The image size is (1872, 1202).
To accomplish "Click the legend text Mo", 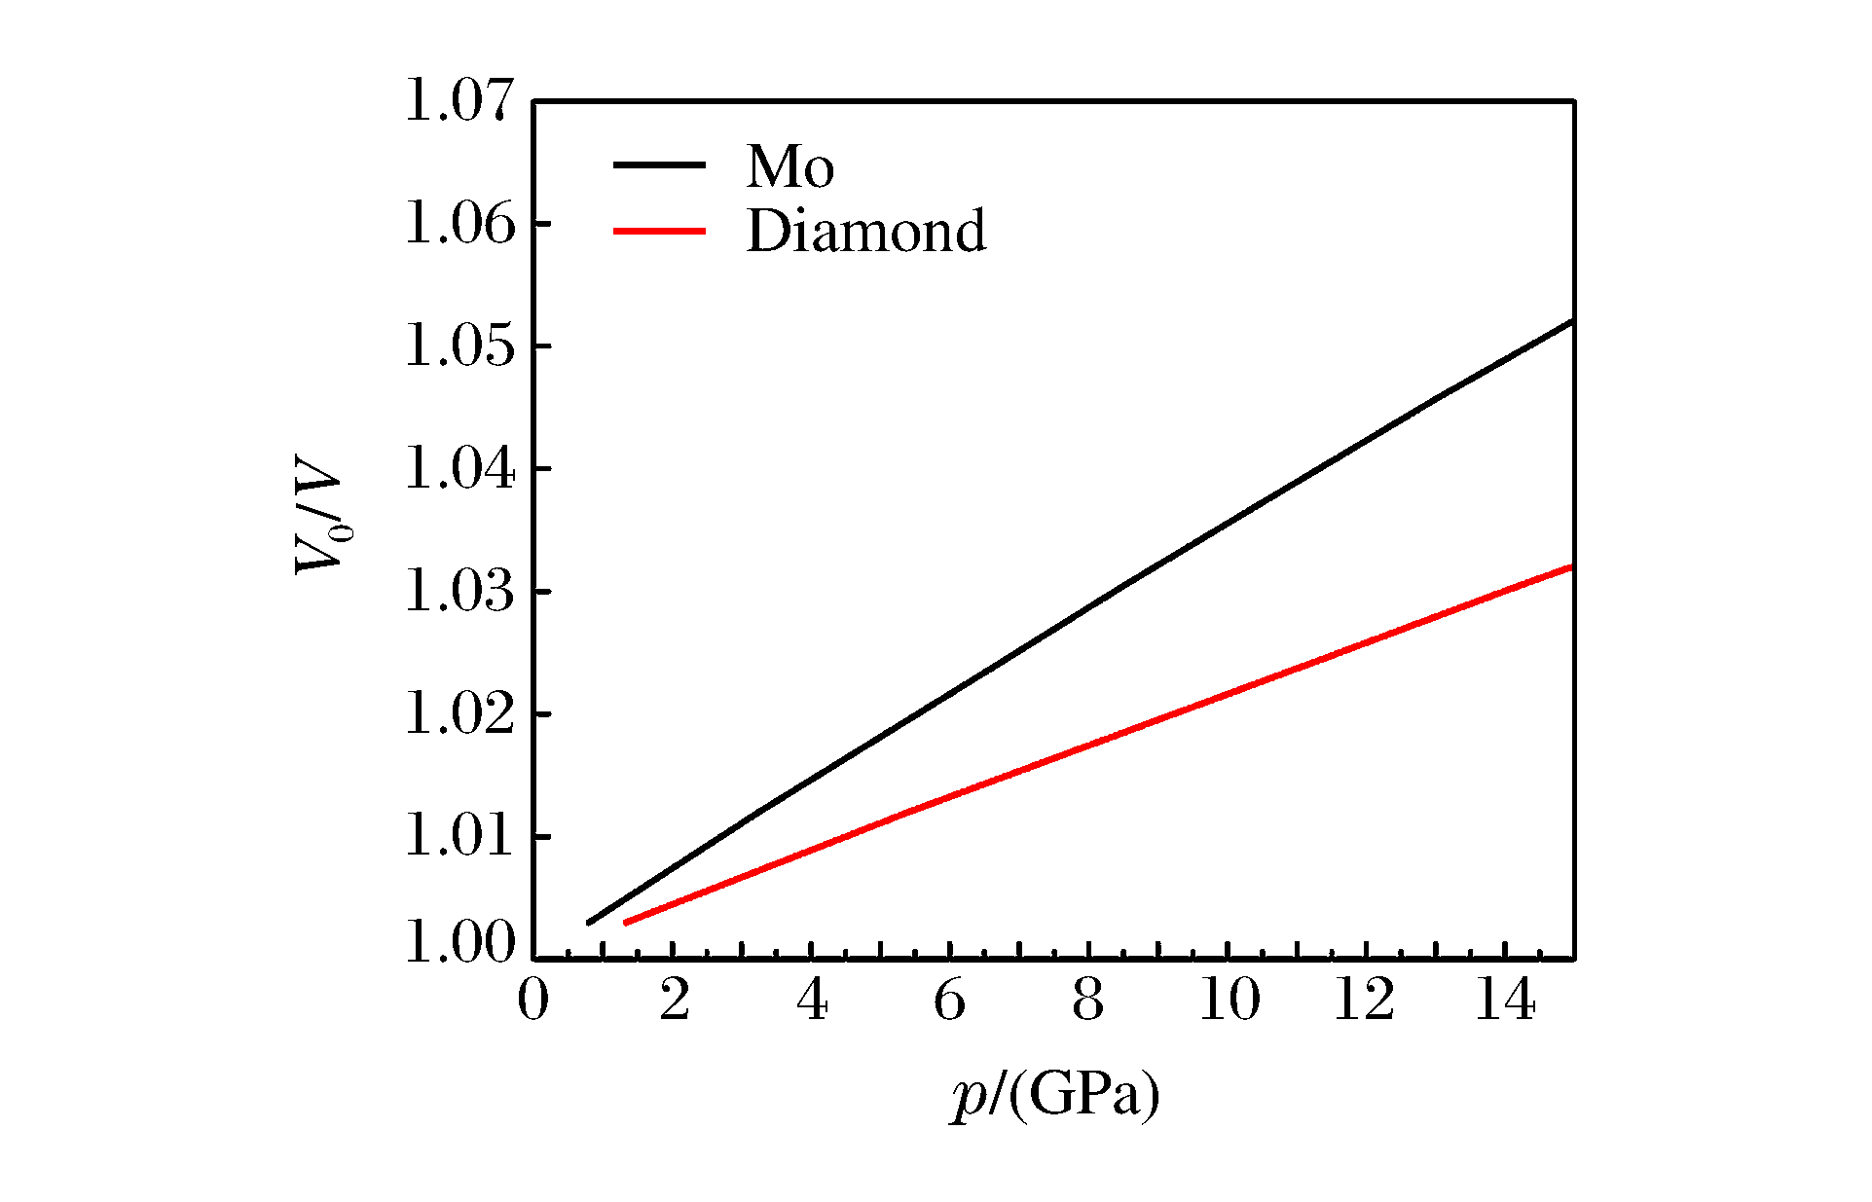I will (x=789, y=166).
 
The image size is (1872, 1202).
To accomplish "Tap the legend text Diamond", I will (x=865, y=232).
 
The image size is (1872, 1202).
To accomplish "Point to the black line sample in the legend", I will (x=659, y=165).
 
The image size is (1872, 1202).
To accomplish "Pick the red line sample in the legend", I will (x=659, y=231).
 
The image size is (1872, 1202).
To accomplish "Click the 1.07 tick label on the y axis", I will (x=459, y=101).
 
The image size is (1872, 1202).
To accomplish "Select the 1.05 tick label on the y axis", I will (x=459, y=346).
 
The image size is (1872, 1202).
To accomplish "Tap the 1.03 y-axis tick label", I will (x=459, y=592).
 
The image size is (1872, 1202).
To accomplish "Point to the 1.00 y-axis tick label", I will (x=459, y=942).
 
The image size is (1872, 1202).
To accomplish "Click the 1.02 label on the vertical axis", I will (x=459, y=714).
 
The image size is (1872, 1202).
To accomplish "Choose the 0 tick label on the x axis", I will (x=533, y=1001).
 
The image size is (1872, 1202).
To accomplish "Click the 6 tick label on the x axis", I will (x=949, y=1001).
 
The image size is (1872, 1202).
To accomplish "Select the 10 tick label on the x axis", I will (x=1229, y=1001).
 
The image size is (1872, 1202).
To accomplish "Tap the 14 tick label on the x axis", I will (x=1505, y=1001).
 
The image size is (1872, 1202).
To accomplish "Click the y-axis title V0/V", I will (x=320, y=527).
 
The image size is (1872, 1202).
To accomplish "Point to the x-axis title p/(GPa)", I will (x=1055, y=1096).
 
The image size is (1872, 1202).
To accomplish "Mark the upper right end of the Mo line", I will (x=1571, y=321).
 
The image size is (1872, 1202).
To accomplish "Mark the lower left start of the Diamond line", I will (x=626, y=922).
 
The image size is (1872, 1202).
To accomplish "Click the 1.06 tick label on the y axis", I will (x=459, y=224).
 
